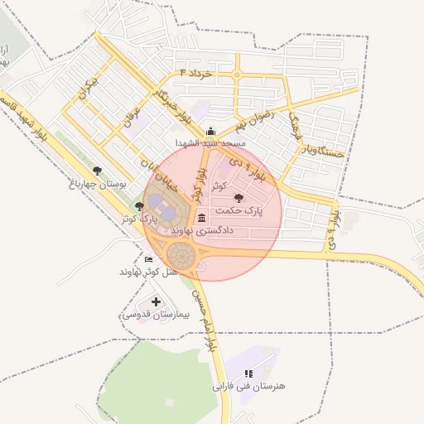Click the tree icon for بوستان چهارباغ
pos(98,171)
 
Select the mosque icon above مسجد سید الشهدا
pos(210,130)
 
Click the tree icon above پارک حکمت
pos(240,198)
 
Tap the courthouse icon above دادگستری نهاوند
pos(203,218)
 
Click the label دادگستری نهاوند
pos(203,230)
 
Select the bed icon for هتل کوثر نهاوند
pos(149,259)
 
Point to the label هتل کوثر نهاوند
pos(149,272)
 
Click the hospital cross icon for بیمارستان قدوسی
pos(157,301)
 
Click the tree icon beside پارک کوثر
pos(139,206)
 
